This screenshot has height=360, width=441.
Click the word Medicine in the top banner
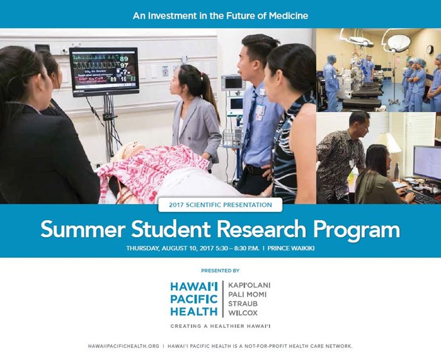pos(289,16)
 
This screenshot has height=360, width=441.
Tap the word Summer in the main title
pos(83,229)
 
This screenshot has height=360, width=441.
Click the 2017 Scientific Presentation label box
pos(220,205)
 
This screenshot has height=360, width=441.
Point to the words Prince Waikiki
pos(291,249)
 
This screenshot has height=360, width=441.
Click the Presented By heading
pos(220,271)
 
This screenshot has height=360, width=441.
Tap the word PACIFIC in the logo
pos(194,299)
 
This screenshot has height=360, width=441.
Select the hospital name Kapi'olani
pos(249,285)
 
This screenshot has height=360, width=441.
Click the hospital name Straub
pos(243,304)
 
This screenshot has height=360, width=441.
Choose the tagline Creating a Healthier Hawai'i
pos(220,326)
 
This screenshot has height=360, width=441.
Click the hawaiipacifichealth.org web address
pos(123,346)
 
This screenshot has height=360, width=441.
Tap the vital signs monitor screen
pos(104,71)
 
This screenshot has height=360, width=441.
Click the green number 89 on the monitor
pos(123,59)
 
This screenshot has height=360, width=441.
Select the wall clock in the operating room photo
pos(430,50)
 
